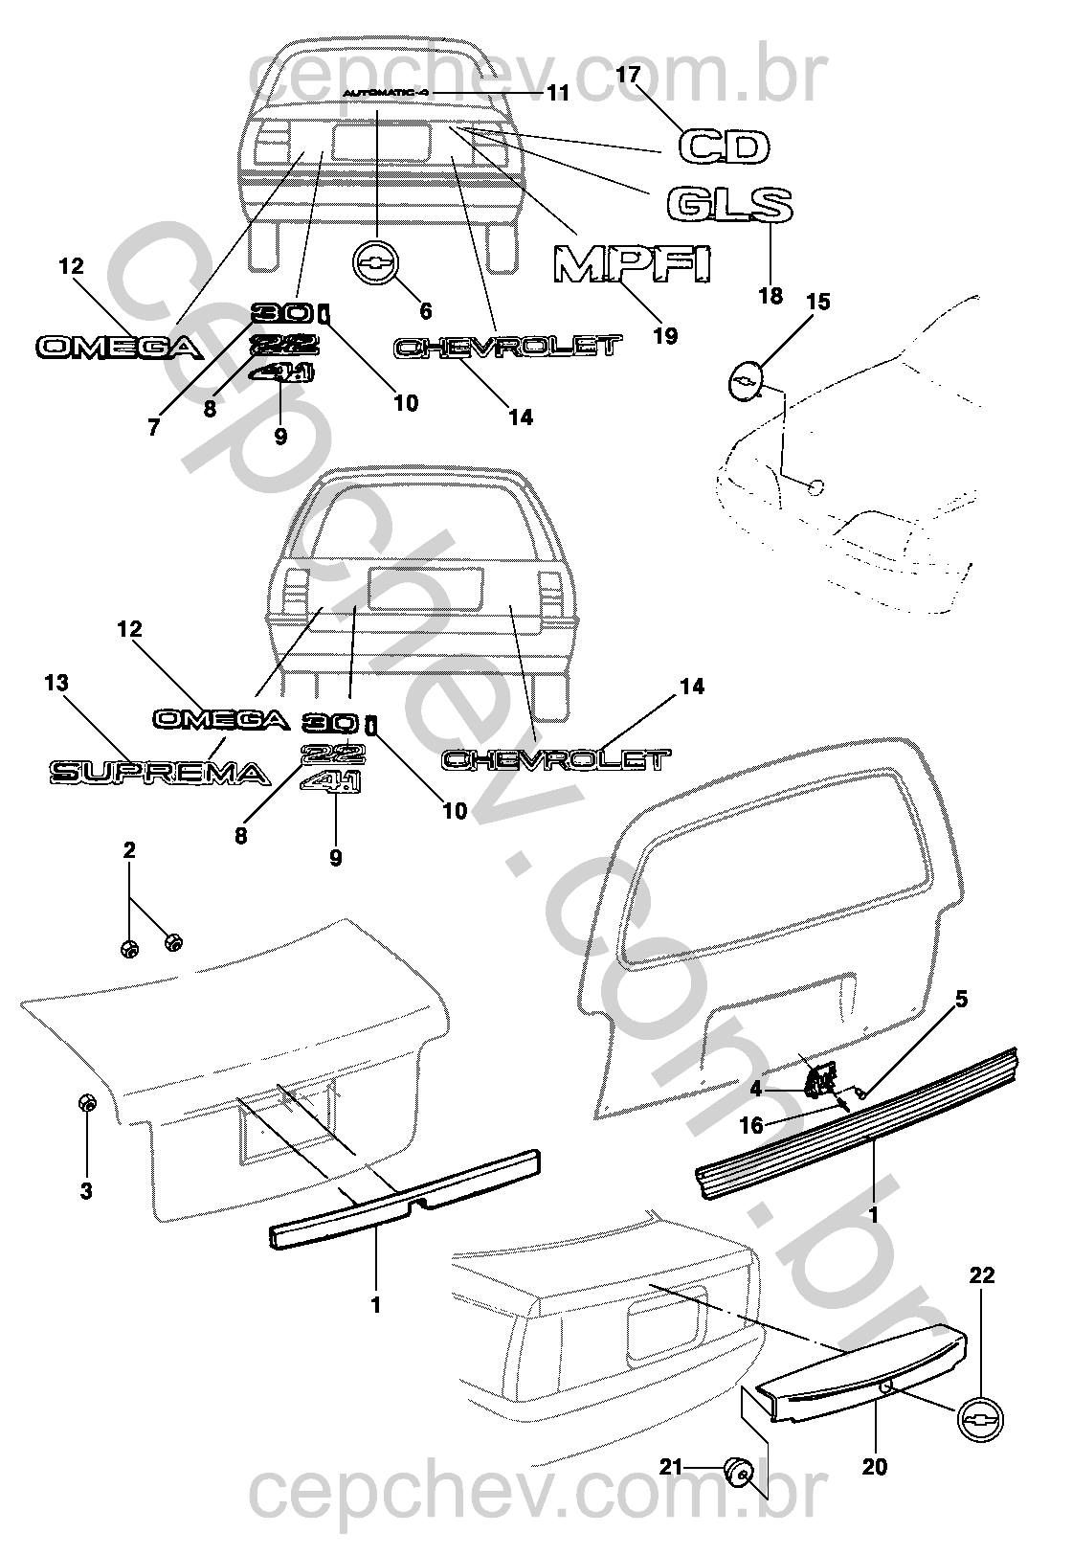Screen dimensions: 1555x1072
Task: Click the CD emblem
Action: [725, 147]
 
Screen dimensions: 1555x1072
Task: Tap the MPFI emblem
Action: [634, 263]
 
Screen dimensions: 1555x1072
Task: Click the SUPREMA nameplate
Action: [157, 772]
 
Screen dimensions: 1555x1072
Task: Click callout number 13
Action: [56, 683]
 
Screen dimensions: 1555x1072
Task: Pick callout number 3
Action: [86, 1191]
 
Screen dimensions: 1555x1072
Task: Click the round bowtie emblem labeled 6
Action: [376, 261]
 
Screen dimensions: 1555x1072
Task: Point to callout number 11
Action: [558, 93]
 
